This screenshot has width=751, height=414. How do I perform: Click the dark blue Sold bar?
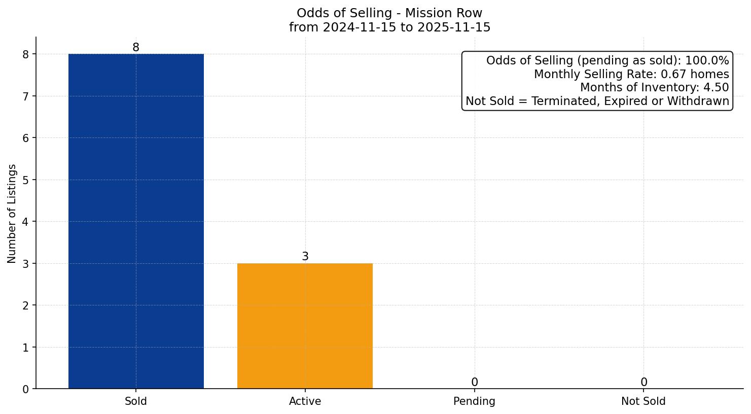[136, 221]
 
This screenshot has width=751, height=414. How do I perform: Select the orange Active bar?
[305, 326]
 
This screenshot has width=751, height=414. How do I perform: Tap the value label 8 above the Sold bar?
[136, 47]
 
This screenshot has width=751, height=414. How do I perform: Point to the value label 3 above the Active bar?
[305, 257]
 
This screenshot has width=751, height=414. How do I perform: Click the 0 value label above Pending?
[474, 382]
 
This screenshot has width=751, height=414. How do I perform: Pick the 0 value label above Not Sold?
[643, 382]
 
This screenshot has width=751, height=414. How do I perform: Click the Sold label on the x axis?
[136, 401]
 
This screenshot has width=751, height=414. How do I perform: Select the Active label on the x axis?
[305, 401]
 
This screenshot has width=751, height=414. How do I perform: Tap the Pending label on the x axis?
[474, 401]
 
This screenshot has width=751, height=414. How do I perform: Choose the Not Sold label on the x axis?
[643, 401]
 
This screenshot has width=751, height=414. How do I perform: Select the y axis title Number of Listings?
[12, 213]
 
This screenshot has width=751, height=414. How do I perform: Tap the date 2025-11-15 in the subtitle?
[454, 27]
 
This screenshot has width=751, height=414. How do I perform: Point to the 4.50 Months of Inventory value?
[716, 88]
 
